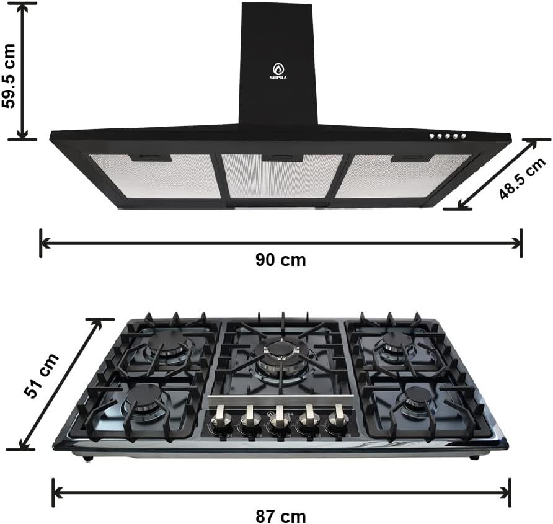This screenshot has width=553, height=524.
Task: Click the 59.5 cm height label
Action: pyautogui.click(x=9, y=76)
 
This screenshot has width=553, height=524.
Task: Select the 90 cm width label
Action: pyautogui.click(x=281, y=260)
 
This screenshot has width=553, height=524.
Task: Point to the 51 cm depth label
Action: pyautogui.click(x=42, y=375)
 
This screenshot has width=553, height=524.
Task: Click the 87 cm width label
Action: pyautogui.click(x=281, y=516)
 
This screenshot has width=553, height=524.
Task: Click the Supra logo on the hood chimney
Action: pyautogui.click(x=278, y=71)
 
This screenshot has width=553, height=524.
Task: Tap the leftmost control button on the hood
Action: pyautogui.click(x=431, y=136)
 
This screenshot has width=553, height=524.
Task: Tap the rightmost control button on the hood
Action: pyautogui.click(x=463, y=136)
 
